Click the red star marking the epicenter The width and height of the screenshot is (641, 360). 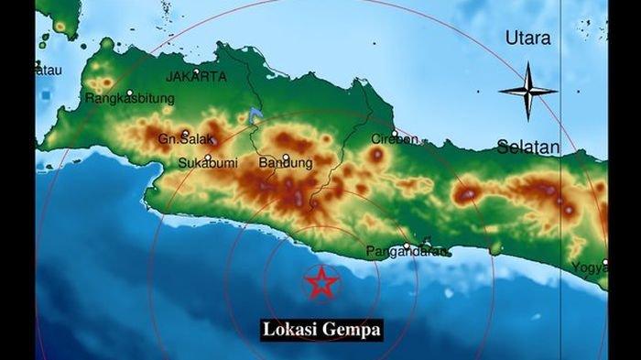click(x=321, y=282)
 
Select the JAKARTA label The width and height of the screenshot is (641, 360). click(x=196, y=77)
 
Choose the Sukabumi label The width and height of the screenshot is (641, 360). click(x=204, y=164)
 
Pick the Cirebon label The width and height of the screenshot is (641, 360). click(x=395, y=139)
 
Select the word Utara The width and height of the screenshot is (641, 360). click(x=528, y=38)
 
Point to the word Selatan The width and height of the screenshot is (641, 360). click(x=528, y=147)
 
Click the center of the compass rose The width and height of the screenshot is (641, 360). click(x=528, y=91)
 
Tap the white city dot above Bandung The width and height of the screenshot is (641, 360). click(x=286, y=156)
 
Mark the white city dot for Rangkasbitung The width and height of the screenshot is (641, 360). click(x=130, y=91)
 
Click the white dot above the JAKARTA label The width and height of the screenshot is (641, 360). click(x=196, y=68)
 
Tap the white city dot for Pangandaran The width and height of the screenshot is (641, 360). click(x=405, y=244)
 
